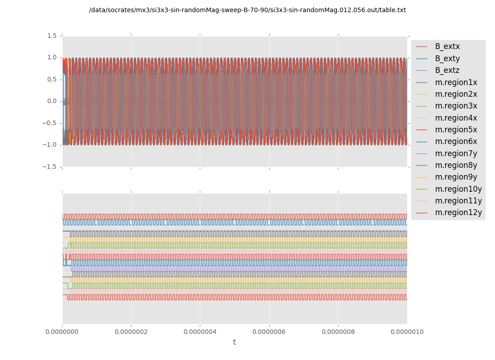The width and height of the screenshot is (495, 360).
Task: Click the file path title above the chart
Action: click(247, 10)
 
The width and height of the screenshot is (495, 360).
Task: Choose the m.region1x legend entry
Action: click(456, 82)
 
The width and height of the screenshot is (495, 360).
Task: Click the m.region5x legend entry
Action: click(456, 130)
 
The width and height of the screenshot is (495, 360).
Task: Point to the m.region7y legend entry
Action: click(456, 153)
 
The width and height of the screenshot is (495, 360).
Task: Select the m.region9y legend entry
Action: click(456, 177)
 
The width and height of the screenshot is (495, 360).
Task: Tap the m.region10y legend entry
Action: click(458, 189)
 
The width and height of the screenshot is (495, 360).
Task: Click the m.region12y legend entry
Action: click(458, 212)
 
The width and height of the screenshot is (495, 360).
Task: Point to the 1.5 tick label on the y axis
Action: click(52, 36)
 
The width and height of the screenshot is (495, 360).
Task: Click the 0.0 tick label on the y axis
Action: click(52, 101)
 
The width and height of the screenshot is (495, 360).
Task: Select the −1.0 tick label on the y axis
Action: click(50, 144)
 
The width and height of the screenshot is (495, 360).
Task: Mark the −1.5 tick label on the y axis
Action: click(50, 166)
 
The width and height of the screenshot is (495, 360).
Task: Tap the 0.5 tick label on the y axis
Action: click(52, 79)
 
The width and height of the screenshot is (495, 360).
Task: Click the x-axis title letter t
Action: click(234, 342)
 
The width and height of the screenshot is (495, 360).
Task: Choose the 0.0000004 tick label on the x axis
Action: click(200, 332)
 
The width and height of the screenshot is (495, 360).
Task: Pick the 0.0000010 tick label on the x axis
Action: click(407, 332)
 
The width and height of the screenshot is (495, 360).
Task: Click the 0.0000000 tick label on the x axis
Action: click(62, 332)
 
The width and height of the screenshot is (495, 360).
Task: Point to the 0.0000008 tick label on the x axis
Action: click(338, 332)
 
